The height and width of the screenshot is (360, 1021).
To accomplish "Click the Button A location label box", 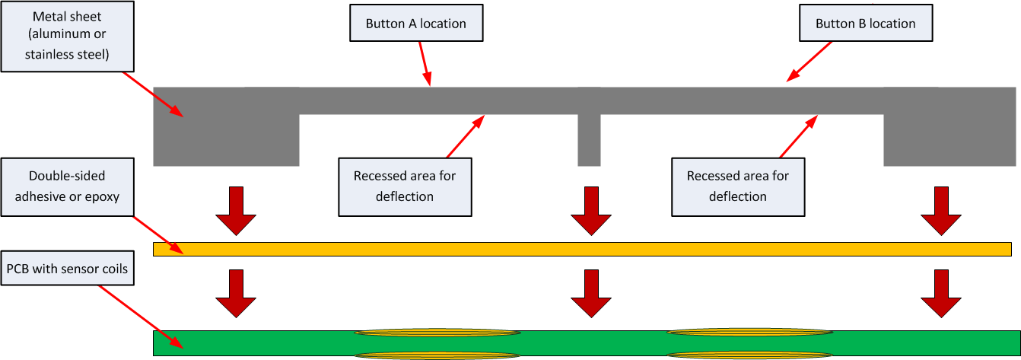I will click(x=415, y=24).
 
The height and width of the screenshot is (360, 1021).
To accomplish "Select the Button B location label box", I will click(x=865, y=24).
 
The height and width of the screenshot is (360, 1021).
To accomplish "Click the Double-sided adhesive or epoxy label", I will click(x=67, y=186).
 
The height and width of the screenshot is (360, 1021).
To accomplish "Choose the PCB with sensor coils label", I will click(x=67, y=269).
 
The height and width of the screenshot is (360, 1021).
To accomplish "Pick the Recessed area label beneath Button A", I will click(x=404, y=186).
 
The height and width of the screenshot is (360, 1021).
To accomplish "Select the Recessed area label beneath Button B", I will click(x=737, y=186).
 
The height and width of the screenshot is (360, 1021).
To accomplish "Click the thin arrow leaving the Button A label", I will click(x=425, y=63).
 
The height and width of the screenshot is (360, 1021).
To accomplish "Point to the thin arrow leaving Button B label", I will click(x=810, y=61).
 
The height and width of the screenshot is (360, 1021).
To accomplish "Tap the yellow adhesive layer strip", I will click(x=582, y=249).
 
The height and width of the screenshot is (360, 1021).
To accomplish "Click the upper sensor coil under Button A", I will click(x=437, y=333).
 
